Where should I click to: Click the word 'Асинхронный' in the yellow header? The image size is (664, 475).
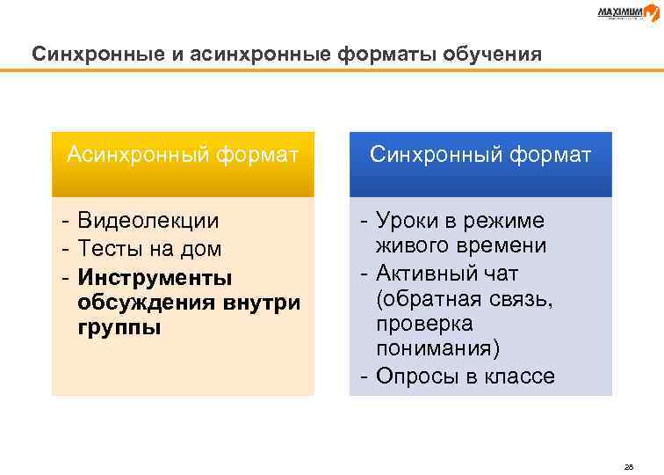[137, 156]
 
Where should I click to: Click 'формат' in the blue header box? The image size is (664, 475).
[551, 156]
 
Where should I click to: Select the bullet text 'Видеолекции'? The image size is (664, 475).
[148, 220]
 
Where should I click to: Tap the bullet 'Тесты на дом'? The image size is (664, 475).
[148, 249]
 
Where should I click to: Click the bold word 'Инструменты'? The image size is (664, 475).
[155, 278]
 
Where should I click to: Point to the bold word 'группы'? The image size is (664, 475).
[119, 329]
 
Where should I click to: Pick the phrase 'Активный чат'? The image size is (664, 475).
[447, 272]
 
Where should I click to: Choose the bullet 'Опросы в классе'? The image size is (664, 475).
[465, 376]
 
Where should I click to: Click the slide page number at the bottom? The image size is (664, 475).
[627, 442]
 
